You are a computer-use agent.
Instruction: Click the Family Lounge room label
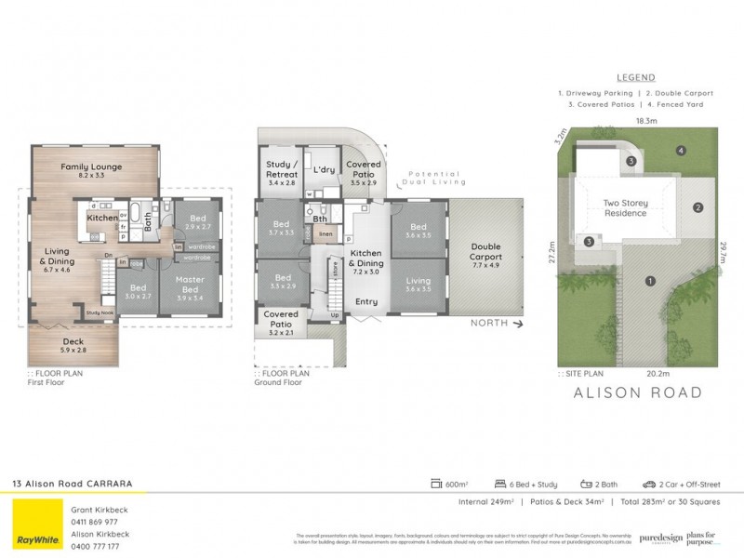tap(92, 167)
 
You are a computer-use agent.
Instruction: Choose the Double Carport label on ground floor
tap(485, 251)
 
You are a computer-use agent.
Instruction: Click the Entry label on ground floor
tap(366, 300)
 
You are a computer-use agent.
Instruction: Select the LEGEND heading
tap(635, 78)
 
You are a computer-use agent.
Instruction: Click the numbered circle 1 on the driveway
tap(650, 281)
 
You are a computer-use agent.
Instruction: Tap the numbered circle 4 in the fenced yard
tap(681, 151)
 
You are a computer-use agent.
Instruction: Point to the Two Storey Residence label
tap(625, 207)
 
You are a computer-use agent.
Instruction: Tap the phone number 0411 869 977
tap(95, 522)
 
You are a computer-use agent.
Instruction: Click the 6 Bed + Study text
tap(533, 485)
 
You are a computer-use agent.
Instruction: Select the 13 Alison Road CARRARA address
tap(72, 484)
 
